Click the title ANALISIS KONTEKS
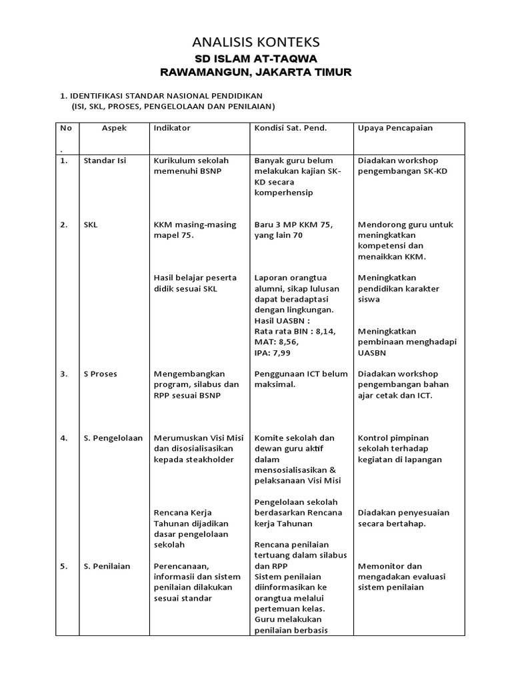coord(255,43)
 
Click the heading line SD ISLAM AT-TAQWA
coord(256,59)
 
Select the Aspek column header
coord(114,127)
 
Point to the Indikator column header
coord(172,127)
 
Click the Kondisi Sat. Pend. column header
coord(291,127)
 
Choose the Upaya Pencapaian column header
coord(395,127)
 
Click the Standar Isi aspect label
coord(105,161)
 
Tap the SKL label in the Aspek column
coord(91,224)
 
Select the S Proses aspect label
coord(101,374)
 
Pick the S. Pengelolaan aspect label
coord(113,438)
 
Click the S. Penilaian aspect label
coord(107,566)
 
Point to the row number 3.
coord(64,374)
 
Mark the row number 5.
coord(64,566)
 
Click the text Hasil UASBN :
coord(283,320)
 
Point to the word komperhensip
coord(284,192)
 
